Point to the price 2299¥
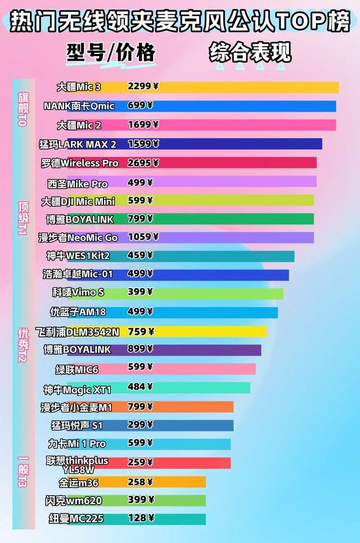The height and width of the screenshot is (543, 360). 143,87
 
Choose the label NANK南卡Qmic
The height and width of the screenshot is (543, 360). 79,106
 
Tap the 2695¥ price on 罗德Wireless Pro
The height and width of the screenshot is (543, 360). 143,163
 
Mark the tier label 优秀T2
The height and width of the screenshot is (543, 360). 23,344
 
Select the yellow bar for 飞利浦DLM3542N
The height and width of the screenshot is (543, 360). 214,331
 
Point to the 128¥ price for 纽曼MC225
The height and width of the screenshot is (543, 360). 140,518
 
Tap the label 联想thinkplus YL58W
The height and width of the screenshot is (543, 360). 78,465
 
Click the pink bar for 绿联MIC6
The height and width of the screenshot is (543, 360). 208,369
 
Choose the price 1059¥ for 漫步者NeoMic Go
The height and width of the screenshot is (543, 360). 143,237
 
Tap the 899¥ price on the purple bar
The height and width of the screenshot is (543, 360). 141,349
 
